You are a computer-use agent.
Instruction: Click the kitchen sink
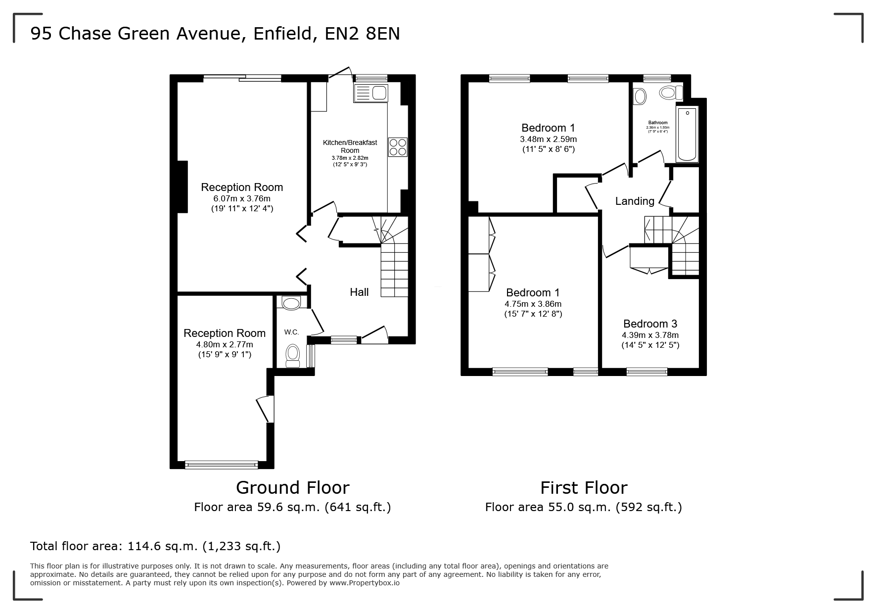[x=371, y=93]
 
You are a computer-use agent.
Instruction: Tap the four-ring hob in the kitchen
[x=398, y=147]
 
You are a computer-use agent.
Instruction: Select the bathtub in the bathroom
[x=687, y=134]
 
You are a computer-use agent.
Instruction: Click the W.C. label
[x=291, y=332]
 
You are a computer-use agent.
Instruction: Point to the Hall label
[x=359, y=292]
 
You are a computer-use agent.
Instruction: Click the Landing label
[x=635, y=201]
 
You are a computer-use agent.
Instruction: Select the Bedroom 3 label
[x=650, y=324]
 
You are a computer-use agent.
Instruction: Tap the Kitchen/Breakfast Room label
[x=350, y=146]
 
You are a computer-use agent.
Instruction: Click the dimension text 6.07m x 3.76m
[x=242, y=198]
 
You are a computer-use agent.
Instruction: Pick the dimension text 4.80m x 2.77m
[x=225, y=344]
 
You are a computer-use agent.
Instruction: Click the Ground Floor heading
[x=293, y=488]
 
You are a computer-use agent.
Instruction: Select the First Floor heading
[x=584, y=488]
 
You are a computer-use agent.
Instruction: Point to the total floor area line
[x=155, y=546]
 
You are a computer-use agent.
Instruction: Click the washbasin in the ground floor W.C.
[x=290, y=302]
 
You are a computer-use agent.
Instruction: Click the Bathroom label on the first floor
[x=658, y=123]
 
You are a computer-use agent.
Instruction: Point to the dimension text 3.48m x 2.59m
[x=548, y=139]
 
